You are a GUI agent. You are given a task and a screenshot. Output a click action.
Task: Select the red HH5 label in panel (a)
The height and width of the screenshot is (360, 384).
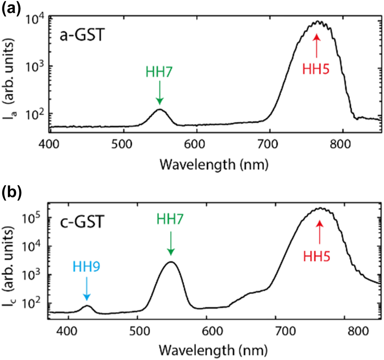coord(316,69)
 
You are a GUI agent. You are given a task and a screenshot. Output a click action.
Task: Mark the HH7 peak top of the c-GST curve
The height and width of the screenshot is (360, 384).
coord(170,262)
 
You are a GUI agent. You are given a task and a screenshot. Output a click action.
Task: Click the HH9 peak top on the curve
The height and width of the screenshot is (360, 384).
coord(87,306)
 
